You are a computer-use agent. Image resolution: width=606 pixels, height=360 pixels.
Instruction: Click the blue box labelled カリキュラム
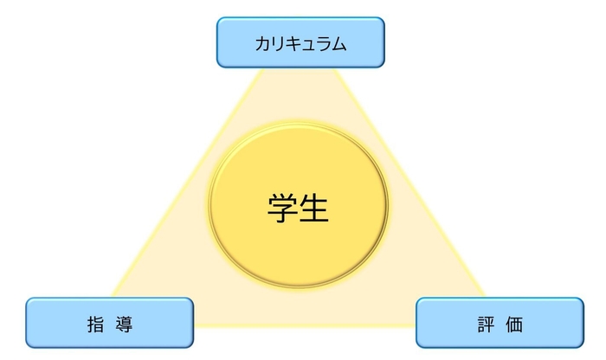pos(300,42)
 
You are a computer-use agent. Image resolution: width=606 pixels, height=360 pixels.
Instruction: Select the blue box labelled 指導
pos(109,323)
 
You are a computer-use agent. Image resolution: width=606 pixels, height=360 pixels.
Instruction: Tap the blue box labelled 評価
pos(500,323)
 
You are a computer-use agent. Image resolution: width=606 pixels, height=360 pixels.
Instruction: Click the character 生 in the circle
pos(314,208)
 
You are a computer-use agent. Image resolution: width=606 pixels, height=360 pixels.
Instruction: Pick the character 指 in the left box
pos(94,324)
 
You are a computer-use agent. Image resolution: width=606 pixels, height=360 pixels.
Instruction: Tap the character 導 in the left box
pos(125,324)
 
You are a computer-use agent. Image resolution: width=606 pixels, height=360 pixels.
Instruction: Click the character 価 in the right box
pos(515,324)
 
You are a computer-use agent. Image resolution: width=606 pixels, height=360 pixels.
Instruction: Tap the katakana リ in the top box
pos(278,42)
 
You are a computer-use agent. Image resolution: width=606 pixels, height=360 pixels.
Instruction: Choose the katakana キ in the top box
pos(293,42)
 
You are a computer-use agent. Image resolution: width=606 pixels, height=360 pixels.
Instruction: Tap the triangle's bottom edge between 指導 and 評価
pos(303,325)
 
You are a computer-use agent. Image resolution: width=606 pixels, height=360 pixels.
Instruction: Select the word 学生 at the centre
pos(298,208)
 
